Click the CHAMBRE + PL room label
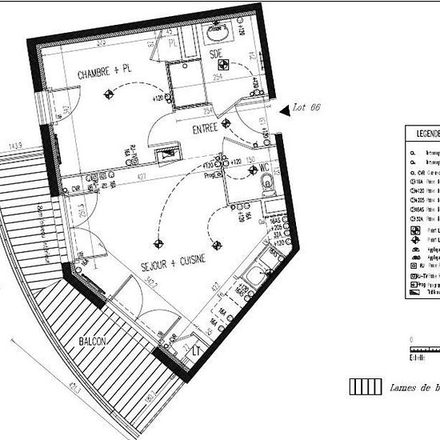104,73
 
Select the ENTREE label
206,129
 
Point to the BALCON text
95,342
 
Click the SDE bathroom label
215,54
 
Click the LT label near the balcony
196,351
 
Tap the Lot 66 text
307,107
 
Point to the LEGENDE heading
425,133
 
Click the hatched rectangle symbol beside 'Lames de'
365,386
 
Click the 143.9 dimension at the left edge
14,146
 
